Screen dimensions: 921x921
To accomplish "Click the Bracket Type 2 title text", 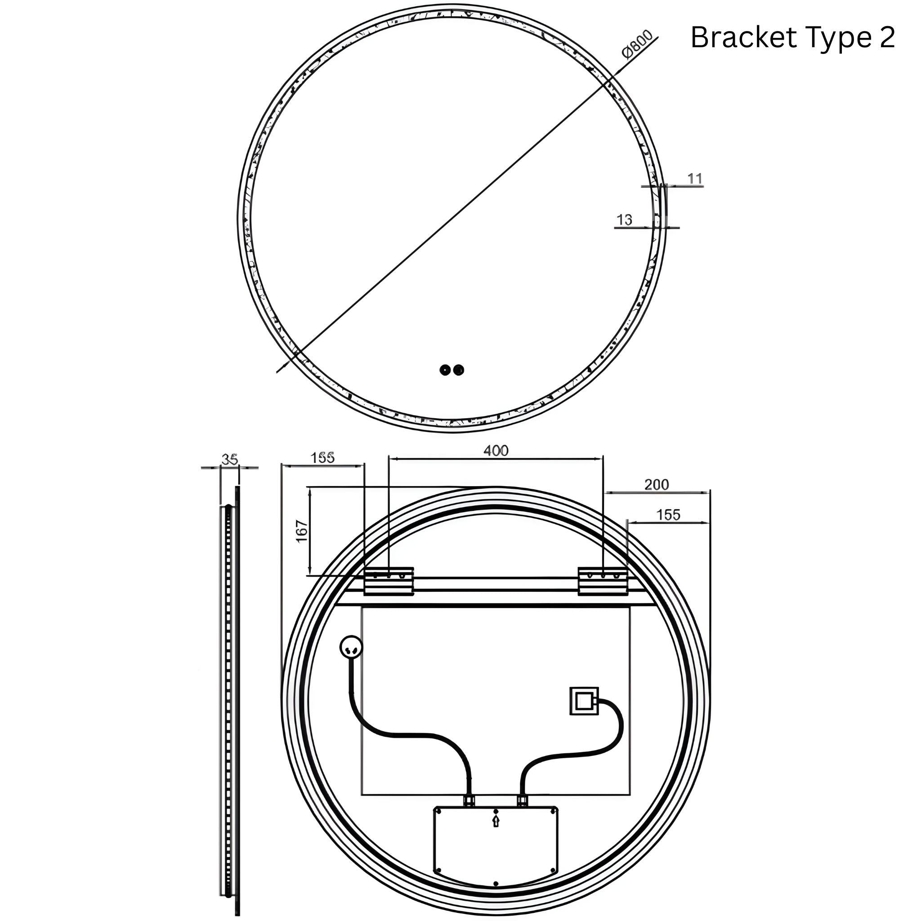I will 792,38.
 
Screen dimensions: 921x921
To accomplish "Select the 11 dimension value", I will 695,179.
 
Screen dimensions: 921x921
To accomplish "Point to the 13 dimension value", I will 624,220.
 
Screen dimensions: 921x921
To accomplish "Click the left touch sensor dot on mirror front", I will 445,370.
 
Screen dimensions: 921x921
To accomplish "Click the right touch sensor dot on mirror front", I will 459,370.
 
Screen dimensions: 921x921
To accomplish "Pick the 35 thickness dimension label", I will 230,460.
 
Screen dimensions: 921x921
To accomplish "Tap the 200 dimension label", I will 657,485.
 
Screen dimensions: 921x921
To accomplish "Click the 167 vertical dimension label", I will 302,531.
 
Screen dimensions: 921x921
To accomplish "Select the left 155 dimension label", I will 323,458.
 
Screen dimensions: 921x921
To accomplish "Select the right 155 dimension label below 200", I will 668,515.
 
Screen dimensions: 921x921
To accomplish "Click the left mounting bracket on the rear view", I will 389,581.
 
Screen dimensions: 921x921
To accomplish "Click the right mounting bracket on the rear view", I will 603,581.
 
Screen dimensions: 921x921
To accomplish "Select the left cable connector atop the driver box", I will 469,800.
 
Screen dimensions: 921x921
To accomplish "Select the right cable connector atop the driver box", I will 522,800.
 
